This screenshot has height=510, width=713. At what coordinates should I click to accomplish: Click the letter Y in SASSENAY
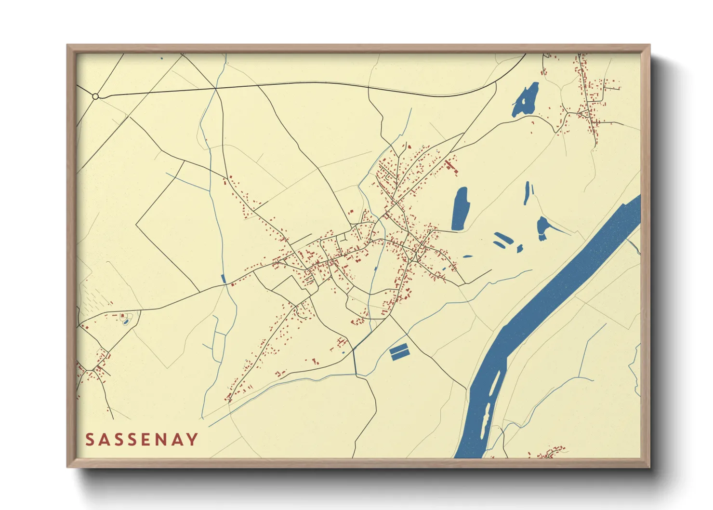(x=192, y=439)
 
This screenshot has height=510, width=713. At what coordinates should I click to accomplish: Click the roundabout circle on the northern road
(x=95, y=96)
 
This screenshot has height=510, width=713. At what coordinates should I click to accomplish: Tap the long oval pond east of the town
(x=460, y=208)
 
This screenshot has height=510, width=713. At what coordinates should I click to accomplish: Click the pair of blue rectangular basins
(x=399, y=352)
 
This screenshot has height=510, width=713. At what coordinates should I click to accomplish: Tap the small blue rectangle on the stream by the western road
(x=223, y=279)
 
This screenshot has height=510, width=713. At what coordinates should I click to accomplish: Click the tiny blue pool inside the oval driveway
(x=126, y=321)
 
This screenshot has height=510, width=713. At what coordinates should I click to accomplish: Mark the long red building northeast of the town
(x=451, y=167)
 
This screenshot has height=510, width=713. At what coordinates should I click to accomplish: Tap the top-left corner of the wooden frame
(x=67, y=45)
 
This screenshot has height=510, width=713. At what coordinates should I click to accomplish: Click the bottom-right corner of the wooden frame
(x=649, y=467)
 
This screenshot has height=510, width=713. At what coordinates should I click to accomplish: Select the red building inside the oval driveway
(x=122, y=316)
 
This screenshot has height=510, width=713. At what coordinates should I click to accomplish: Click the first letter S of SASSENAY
(x=90, y=439)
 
